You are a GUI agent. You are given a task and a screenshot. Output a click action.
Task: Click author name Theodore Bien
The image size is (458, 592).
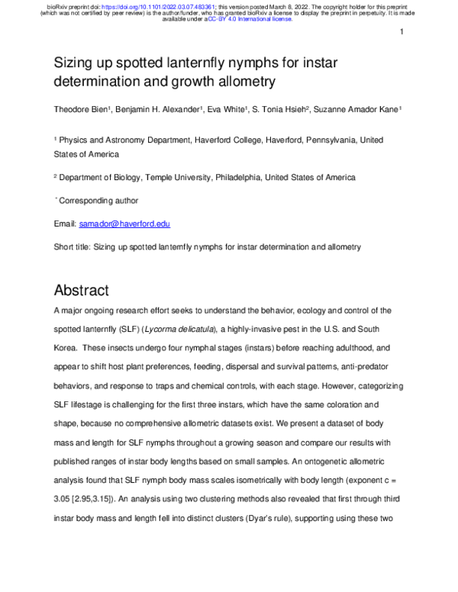coord(83,110)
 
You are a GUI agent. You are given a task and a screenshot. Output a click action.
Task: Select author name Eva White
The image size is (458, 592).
coord(225,110)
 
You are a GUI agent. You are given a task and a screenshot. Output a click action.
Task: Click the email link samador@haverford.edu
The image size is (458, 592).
coord(124,224)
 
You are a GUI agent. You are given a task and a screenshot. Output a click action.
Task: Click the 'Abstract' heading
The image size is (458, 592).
coord(82,291)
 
